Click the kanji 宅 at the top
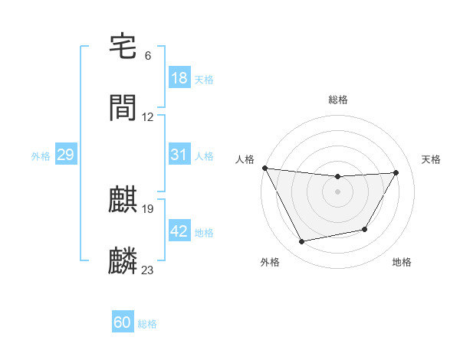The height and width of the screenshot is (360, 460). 123,47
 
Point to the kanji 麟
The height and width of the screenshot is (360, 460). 123,261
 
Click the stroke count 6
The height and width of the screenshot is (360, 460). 148,56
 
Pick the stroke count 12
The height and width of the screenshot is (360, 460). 148,117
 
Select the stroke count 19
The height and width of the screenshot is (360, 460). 148,208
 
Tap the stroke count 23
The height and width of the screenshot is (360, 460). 148,270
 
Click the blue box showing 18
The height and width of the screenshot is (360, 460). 179,78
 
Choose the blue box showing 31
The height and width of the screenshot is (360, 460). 179,155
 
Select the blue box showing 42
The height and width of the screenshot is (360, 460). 179,231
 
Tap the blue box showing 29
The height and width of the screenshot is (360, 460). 65,155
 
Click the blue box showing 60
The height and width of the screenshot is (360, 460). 123,322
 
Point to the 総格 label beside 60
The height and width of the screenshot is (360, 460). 147,324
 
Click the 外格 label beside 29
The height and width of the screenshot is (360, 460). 41,156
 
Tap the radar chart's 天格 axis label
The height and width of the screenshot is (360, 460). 432,159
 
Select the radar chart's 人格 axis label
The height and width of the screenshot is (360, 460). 245,159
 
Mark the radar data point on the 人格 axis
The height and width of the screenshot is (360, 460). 264,168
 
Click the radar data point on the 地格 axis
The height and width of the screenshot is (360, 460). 365,229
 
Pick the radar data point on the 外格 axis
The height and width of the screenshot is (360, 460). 301,242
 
